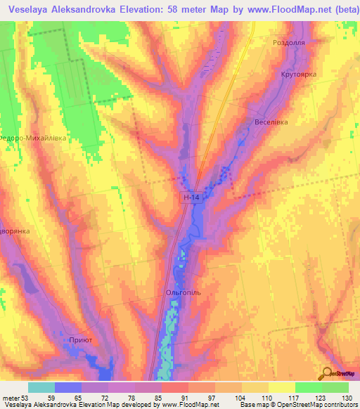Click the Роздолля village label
tap(287, 43)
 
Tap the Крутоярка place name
tap(299, 74)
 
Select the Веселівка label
tap(271, 122)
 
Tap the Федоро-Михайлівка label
tap(33, 138)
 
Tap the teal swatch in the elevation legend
tap(41, 387)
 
